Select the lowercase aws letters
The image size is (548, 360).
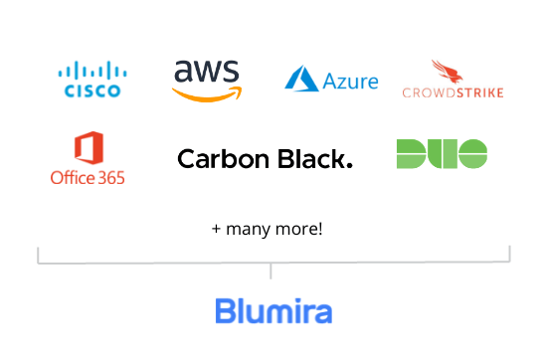click(x=206, y=73)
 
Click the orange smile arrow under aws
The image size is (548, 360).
click(x=206, y=95)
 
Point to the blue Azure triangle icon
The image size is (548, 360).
click(x=300, y=80)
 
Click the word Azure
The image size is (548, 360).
click(x=350, y=81)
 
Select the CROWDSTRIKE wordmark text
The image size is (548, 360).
click(x=453, y=93)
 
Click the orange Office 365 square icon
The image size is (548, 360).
click(x=89, y=150)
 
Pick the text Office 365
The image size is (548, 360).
click(x=88, y=179)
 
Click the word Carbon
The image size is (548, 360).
click(x=219, y=158)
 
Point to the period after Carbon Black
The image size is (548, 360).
click(x=348, y=165)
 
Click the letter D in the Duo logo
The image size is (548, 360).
click(x=411, y=153)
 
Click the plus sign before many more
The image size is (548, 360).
click(x=216, y=229)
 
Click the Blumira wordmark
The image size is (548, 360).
click(x=274, y=311)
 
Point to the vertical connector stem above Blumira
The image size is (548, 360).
click(x=271, y=271)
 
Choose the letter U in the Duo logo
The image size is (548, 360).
click(x=442, y=153)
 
